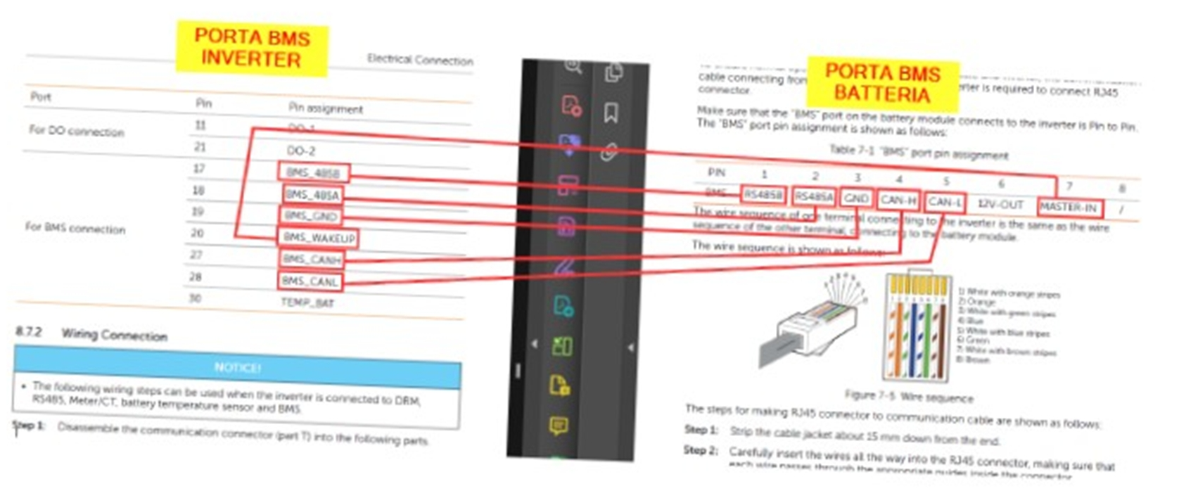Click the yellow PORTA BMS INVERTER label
click(251, 48)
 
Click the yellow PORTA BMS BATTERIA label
click(882, 82)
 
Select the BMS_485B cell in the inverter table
click(312, 172)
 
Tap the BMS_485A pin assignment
click(312, 194)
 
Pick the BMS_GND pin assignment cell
click(311, 216)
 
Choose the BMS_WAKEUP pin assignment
click(319, 238)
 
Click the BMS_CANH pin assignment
click(312, 260)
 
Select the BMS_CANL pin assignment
click(310, 281)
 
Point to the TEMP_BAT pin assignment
click(307, 302)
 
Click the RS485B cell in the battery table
click(763, 194)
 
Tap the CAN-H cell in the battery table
click(898, 200)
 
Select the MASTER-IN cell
click(1069, 208)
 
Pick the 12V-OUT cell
click(1000, 204)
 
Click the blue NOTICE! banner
click(237, 366)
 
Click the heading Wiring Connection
click(114, 334)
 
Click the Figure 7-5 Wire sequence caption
click(909, 397)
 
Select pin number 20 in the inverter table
click(198, 233)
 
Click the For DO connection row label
click(76, 131)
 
